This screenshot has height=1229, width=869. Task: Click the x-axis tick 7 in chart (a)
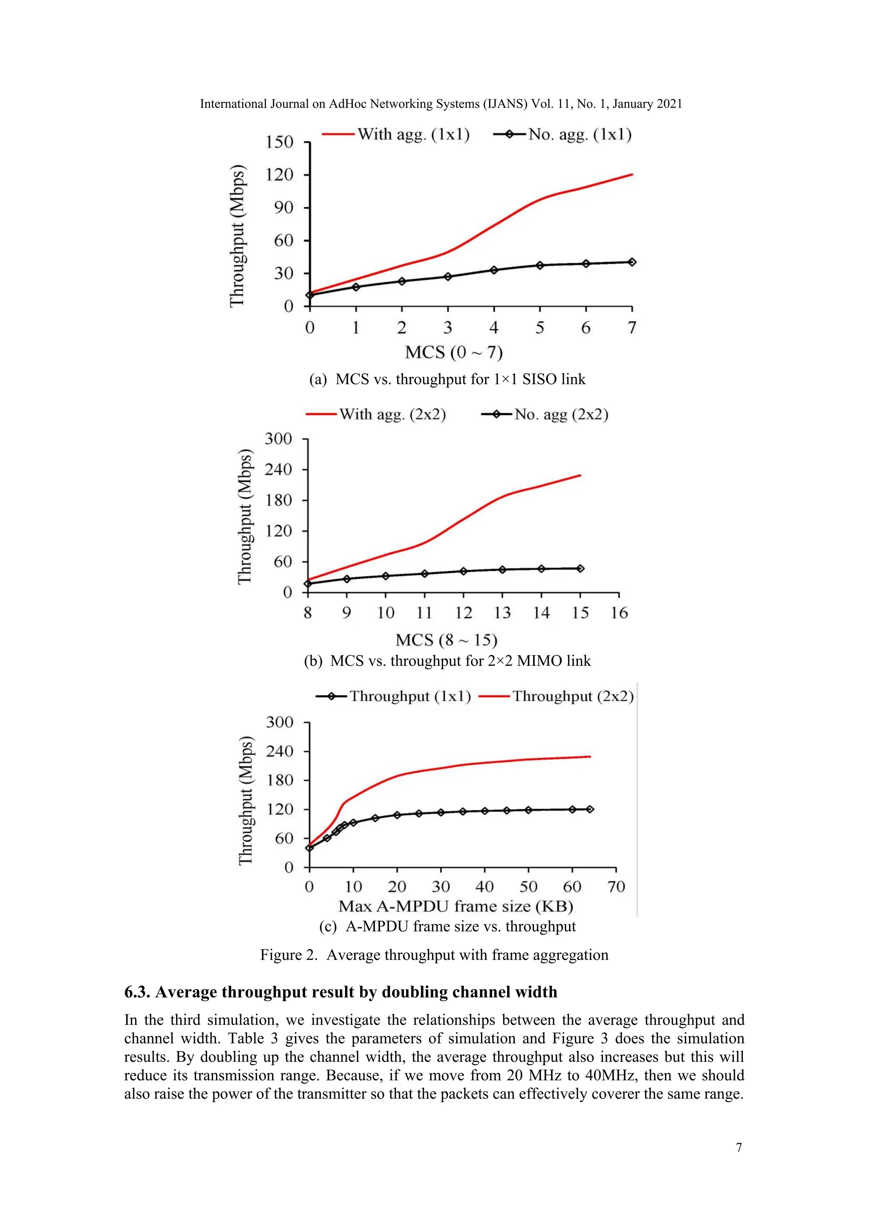tap(632, 328)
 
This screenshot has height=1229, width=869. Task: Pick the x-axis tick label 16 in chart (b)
tap(619, 613)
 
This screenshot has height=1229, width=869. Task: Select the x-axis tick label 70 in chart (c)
tap(617, 887)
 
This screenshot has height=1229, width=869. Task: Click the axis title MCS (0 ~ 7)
tap(454, 353)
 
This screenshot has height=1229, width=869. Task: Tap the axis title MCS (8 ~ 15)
tap(446, 640)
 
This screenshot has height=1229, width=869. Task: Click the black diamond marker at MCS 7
tap(632, 262)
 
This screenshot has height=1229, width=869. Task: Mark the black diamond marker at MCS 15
tap(580, 569)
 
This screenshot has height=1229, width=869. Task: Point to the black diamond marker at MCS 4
tap(494, 270)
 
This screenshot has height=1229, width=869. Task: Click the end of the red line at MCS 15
tap(580, 475)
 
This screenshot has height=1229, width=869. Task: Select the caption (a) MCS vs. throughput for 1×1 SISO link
tap(447, 379)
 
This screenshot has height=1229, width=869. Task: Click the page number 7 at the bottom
tap(739, 1148)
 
